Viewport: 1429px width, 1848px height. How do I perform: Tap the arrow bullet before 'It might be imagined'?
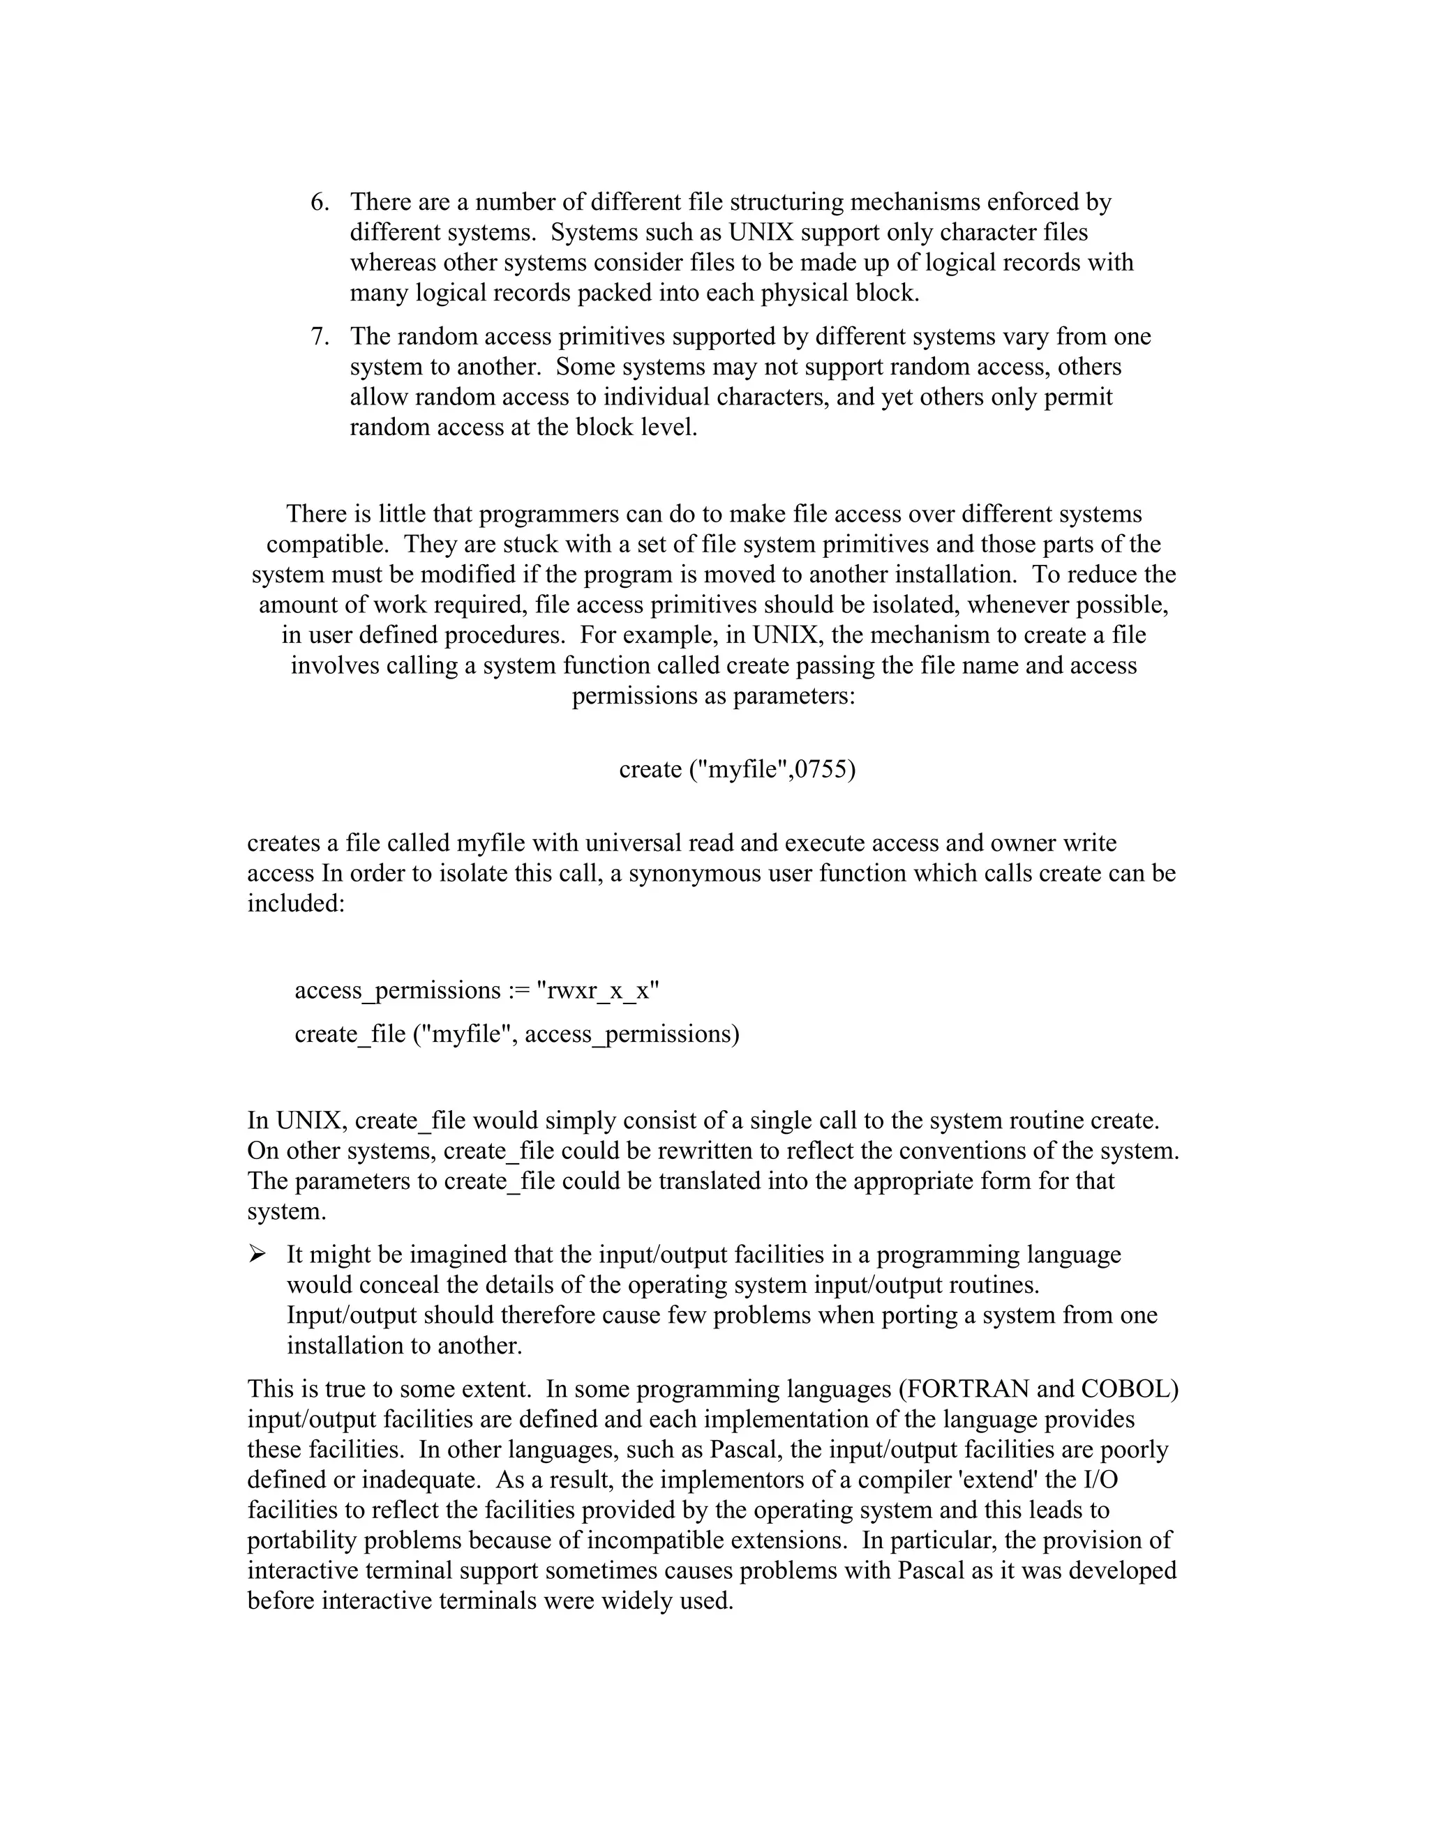click(x=257, y=1255)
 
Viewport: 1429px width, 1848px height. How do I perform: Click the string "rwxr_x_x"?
click(x=598, y=991)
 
